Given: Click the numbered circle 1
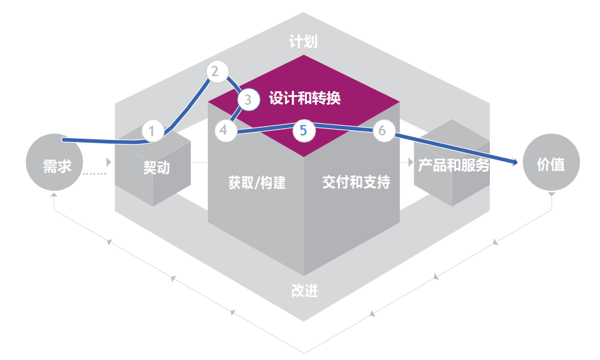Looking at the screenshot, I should [x=152, y=131].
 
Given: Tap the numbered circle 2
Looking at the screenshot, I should [x=216, y=71].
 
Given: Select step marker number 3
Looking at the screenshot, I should [x=248, y=100].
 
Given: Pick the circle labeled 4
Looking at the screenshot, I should [x=224, y=130].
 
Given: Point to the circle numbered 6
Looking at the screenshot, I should [x=382, y=131].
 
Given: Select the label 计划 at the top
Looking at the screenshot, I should [x=304, y=42].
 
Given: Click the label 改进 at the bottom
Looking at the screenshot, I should [x=304, y=290].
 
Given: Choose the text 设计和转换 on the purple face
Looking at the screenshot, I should [x=304, y=99].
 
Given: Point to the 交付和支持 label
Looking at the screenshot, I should [x=356, y=182].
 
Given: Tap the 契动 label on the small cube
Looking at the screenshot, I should [x=156, y=167].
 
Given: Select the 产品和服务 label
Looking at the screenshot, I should [x=453, y=165].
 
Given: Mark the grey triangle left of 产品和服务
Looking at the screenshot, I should [x=411, y=161].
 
